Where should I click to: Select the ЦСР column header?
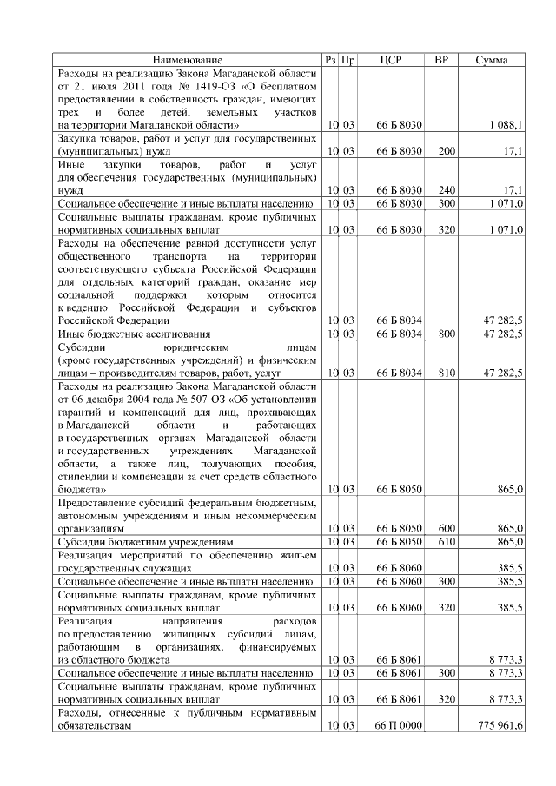(x=391, y=60)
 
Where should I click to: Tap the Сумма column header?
(x=493, y=60)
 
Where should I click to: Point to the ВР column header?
(x=441, y=60)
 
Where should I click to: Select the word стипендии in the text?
(x=83, y=477)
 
